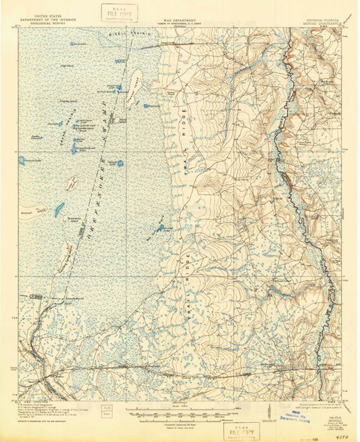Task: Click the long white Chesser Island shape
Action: pyautogui.click(x=138, y=77)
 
